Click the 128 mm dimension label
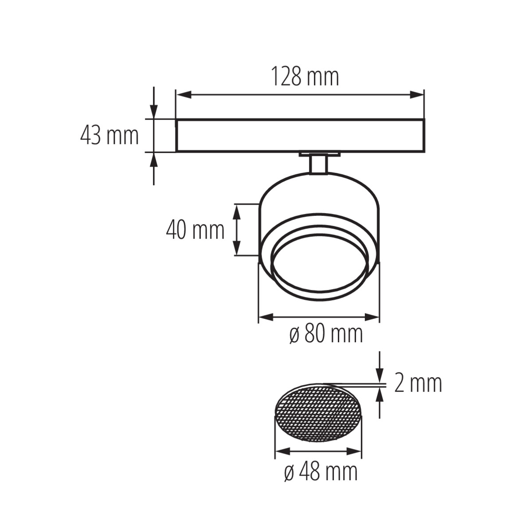click(x=305, y=77)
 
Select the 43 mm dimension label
click(x=110, y=136)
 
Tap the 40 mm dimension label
click(x=195, y=230)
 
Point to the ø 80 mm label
click(x=326, y=334)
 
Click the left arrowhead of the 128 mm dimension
click(x=184, y=95)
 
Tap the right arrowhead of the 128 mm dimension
click(x=417, y=95)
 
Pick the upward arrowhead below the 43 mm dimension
click(x=154, y=159)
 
